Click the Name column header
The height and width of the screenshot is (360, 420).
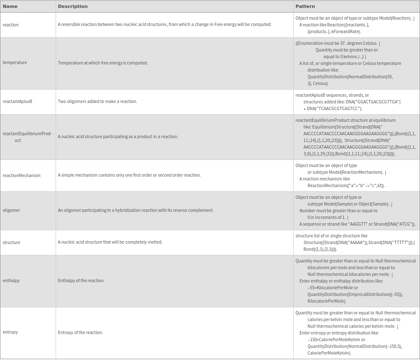tap(10, 6)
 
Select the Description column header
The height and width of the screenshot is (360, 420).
tap(73, 6)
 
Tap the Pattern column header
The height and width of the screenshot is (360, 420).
tap(305, 6)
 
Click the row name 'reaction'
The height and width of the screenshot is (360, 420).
tap(10, 25)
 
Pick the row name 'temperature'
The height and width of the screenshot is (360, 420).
tap(15, 62)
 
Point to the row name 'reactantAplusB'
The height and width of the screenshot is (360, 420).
tap(17, 101)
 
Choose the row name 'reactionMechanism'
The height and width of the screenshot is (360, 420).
tap(21, 175)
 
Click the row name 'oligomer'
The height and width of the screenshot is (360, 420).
tap(11, 210)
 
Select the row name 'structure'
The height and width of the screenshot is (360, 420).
tap(11, 242)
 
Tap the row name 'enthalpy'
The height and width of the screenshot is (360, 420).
tap(11, 280)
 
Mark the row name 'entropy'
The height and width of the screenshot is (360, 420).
tap(10, 332)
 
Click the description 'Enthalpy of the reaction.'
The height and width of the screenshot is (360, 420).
tap(81, 280)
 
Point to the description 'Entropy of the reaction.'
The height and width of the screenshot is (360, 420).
tap(80, 332)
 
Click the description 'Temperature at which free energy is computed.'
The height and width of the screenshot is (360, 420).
tap(102, 63)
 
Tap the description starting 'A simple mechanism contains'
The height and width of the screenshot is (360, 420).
tap(129, 175)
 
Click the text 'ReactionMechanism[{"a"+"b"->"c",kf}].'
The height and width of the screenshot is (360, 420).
tap(346, 185)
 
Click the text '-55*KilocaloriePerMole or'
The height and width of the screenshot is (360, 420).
tap(333, 288)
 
